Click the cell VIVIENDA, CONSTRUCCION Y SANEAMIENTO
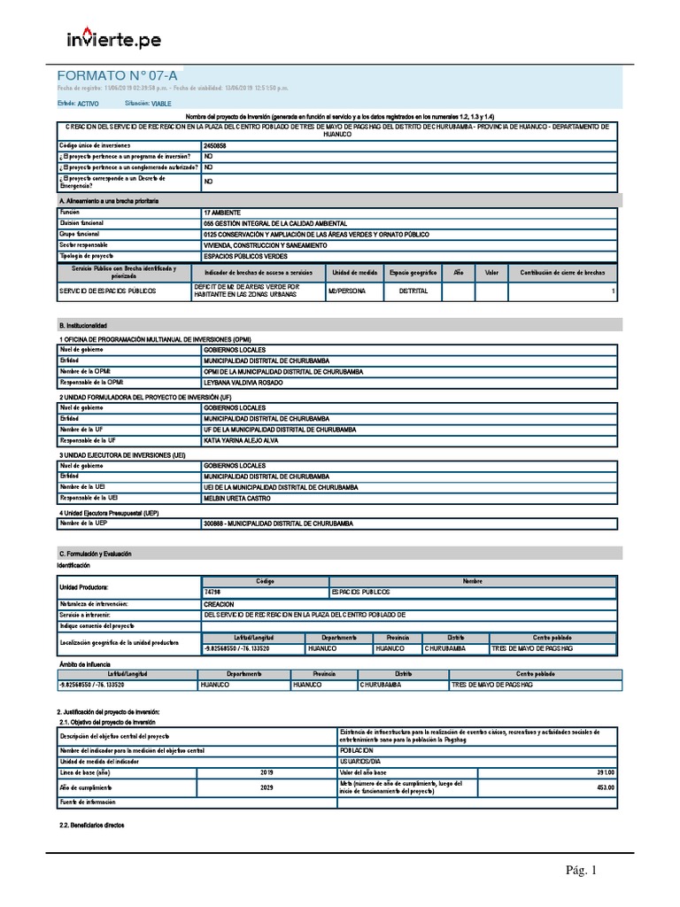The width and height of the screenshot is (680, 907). (x=265, y=245)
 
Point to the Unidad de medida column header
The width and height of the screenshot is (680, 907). (x=355, y=273)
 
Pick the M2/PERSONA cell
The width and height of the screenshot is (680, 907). (x=345, y=291)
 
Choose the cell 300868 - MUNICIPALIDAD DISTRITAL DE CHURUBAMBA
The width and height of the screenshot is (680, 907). (x=278, y=524)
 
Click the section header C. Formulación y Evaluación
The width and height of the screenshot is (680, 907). (x=95, y=553)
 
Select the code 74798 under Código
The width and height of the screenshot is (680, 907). (x=212, y=592)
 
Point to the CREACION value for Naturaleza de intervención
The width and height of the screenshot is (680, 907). (x=219, y=603)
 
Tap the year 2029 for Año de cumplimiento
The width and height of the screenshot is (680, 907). (x=267, y=788)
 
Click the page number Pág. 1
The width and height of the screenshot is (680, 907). (x=582, y=871)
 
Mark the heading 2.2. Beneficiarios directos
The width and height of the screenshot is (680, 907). (x=90, y=825)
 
